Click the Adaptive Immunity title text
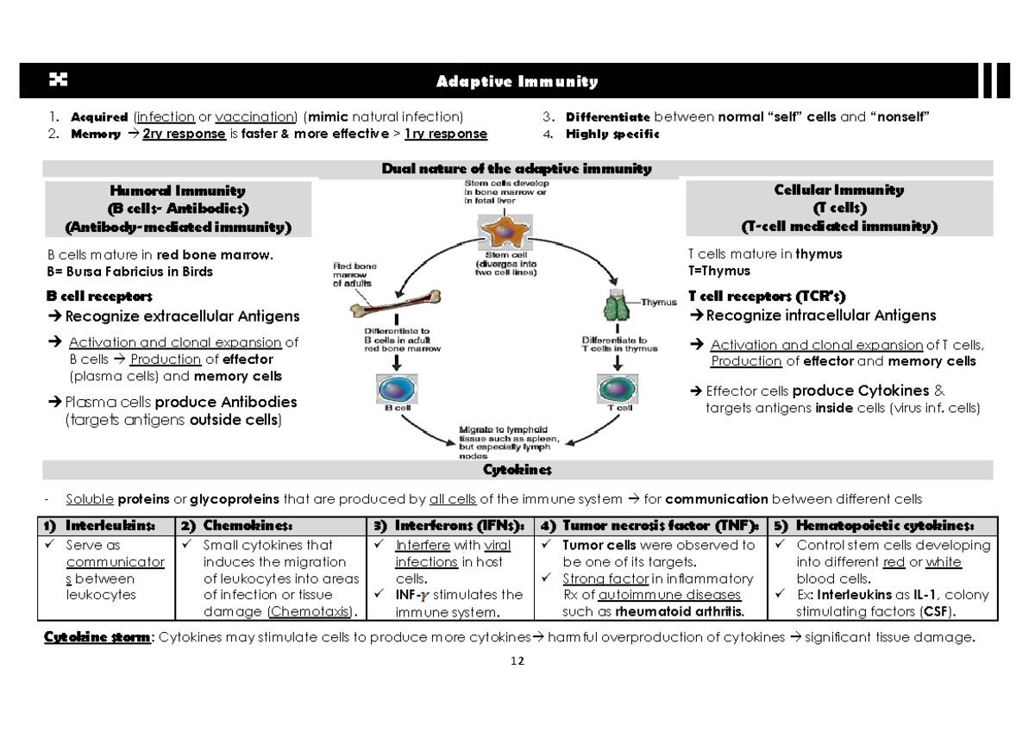pos(517,82)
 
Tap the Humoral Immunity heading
pos(177,191)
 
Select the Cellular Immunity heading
pos(839,190)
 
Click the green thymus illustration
pos(618,305)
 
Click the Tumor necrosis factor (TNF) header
pos(661,526)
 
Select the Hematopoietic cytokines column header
pos(885,526)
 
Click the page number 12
pos(517,661)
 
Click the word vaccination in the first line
pos(254,117)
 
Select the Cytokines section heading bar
pos(517,470)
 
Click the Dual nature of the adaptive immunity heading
pos(517,169)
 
